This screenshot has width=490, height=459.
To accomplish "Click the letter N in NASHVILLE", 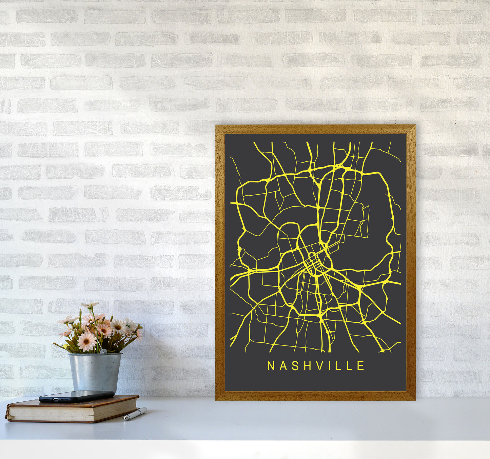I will click(x=271, y=366).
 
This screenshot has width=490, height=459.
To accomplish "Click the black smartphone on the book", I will click(x=77, y=396).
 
